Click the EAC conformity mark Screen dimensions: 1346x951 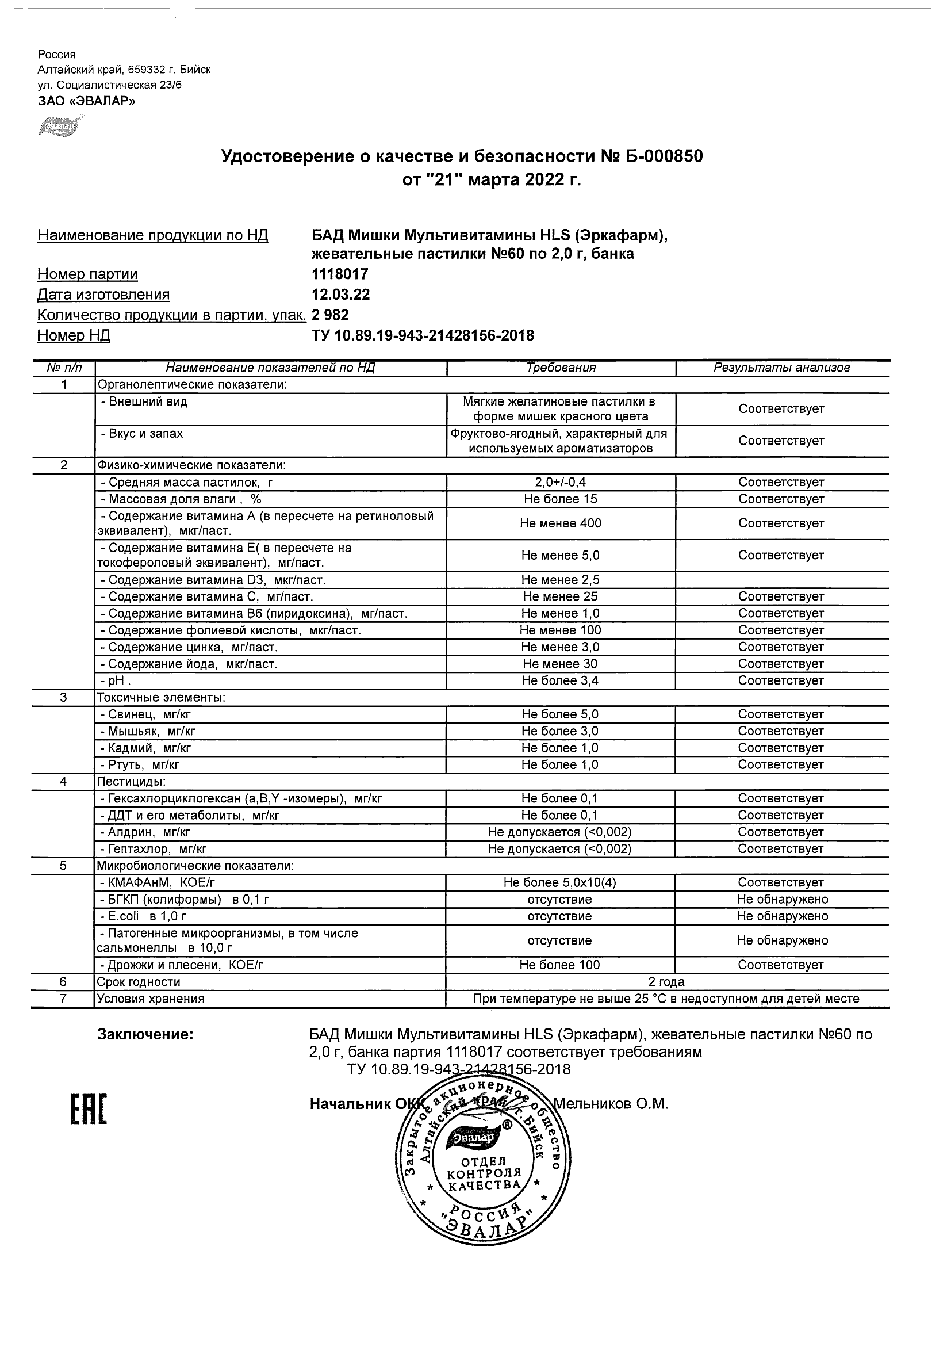(x=89, y=1108)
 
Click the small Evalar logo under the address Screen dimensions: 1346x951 (x=59, y=125)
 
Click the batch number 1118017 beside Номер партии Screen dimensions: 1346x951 (x=340, y=274)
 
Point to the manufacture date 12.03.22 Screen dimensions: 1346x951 (x=340, y=295)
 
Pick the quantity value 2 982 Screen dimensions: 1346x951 (x=331, y=315)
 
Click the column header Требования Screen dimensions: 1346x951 (x=561, y=368)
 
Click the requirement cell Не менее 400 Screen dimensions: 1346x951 (x=560, y=523)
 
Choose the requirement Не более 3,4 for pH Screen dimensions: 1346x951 (x=560, y=680)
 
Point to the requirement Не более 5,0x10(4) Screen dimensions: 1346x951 (x=559, y=882)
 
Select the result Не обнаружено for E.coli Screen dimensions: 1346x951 (x=781, y=916)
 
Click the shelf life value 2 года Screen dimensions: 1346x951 (x=666, y=981)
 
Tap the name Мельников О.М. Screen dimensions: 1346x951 (x=611, y=1104)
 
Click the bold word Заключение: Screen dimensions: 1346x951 (x=145, y=1035)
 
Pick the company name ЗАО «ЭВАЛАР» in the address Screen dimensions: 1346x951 (x=87, y=101)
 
